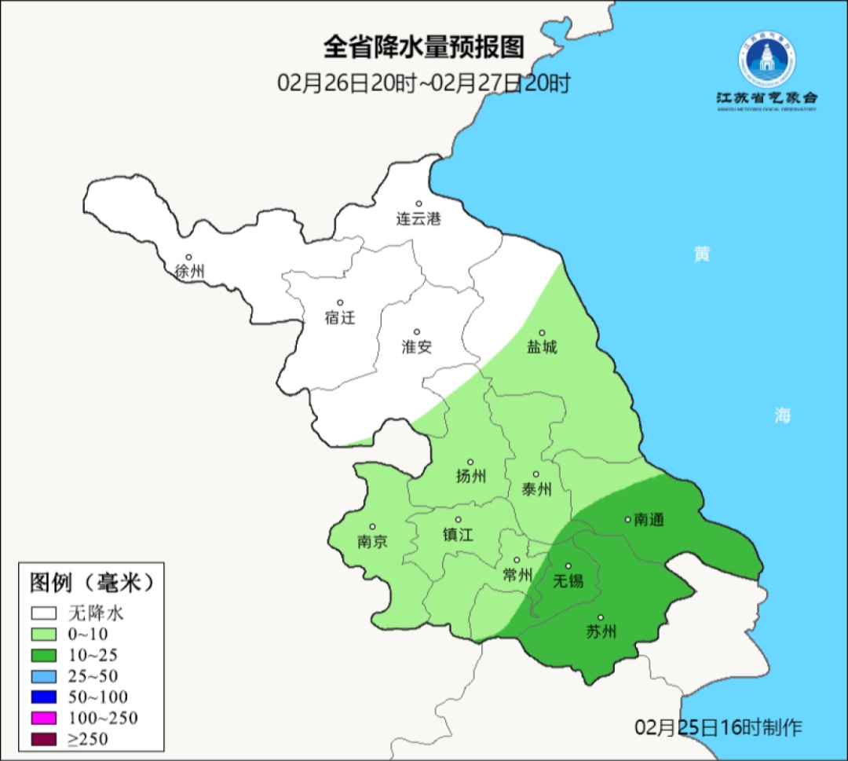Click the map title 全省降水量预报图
click(x=423, y=47)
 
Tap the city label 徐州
click(x=190, y=272)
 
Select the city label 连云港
click(x=419, y=219)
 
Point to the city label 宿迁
click(x=340, y=317)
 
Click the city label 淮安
click(x=417, y=346)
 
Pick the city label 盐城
click(x=542, y=347)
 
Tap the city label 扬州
click(x=471, y=476)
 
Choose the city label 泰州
click(x=536, y=489)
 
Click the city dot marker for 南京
click(x=373, y=527)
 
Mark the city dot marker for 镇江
click(x=459, y=520)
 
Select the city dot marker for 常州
click(x=517, y=560)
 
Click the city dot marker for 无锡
click(x=568, y=565)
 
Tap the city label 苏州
click(x=601, y=631)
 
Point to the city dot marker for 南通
click(x=627, y=518)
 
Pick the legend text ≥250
click(x=88, y=738)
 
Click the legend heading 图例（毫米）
click(x=90, y=583)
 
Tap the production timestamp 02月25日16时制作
click(x=718, y=726)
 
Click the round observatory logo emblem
click(x=766, y=60)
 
